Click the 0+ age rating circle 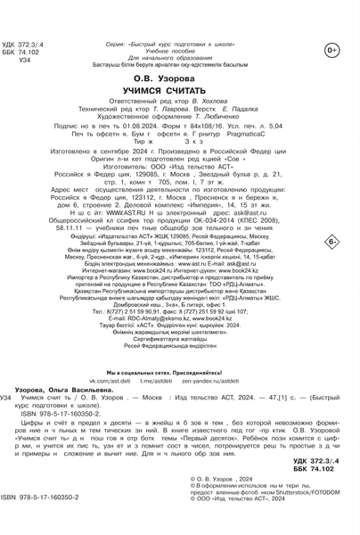coord(331,50)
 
